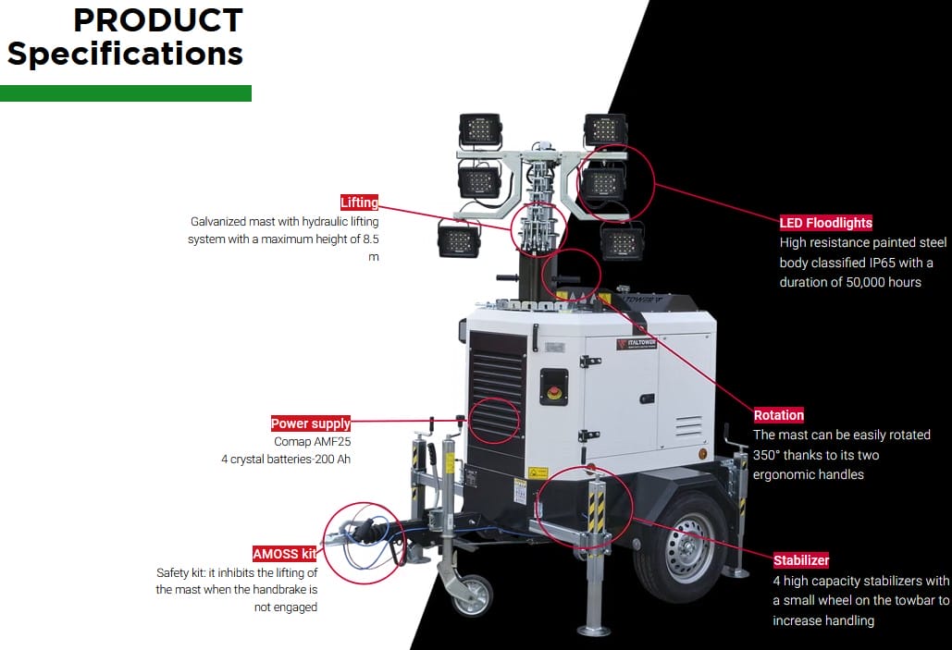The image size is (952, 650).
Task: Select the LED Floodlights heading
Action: point(826,223)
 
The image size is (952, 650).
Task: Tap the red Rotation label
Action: point(779,415)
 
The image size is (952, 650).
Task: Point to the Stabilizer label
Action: point(801,560)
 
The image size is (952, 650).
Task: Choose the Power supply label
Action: point(311,423)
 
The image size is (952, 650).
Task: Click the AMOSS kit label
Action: point(285,554)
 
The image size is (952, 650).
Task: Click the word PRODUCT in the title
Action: point(158,19)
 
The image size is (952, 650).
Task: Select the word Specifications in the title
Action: point(125,54)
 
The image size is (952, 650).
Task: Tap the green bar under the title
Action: point(126,93)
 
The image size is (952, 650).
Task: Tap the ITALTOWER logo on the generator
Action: point(637,343)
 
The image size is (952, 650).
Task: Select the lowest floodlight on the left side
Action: point(459,240)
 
